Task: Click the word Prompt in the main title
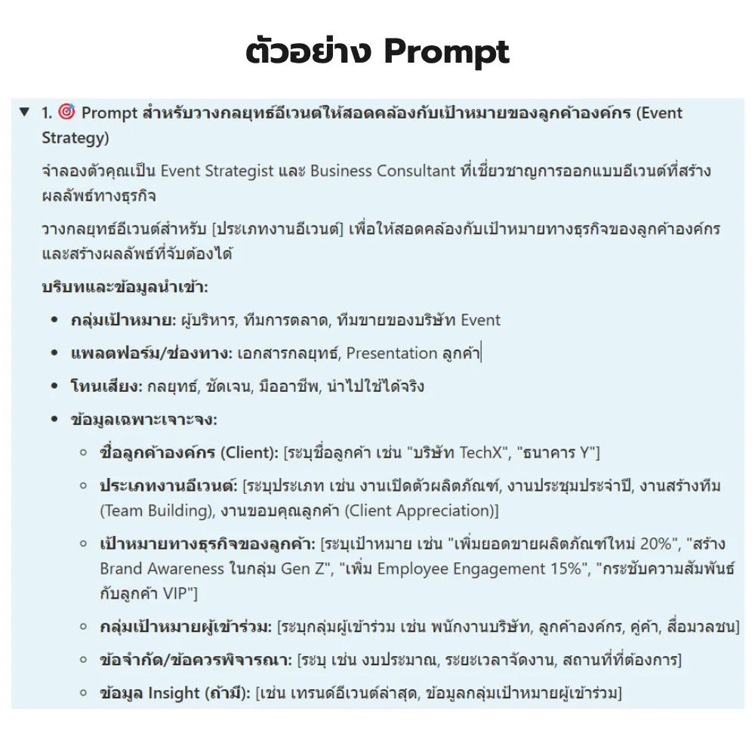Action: tap(446, 52)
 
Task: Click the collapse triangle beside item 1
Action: tap(25, 112)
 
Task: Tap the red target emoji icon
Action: tap(66, 112)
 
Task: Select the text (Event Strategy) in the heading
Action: tap(75, 138)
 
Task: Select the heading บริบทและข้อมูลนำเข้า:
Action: tap(125, 287)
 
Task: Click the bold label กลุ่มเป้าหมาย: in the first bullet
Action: tap(124, 320)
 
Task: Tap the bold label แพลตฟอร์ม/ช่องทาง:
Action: tap(151, 353)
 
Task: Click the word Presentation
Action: tap(392, 353)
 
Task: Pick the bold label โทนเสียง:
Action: tap(106, 387)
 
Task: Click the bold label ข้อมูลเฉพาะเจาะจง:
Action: tap(143, 420)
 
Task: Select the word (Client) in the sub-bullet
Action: tap(248, 453)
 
